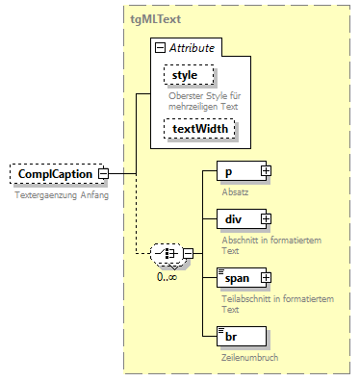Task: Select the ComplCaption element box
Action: pos(54,174)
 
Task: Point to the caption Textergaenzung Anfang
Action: pos(61,195)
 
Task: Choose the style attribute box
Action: pos(189,74)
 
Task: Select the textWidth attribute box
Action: pos(200,128)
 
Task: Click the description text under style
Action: pos(206,97)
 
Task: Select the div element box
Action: pos(237,221)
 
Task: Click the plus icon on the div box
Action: pos(265,221)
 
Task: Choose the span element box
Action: pos(237,278)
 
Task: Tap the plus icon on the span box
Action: pos(265,278)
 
